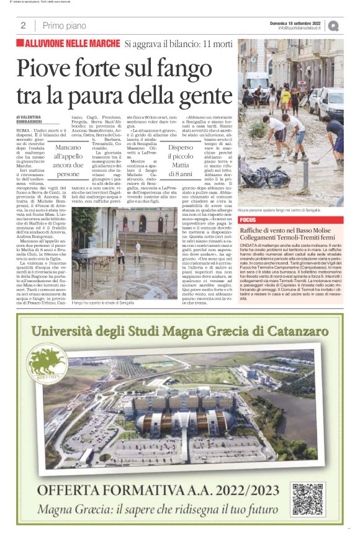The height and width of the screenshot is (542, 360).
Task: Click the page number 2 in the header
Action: tap(22, 25)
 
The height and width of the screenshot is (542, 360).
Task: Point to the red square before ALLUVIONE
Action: tap(20, 43)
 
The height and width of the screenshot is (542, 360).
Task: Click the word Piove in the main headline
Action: tap(47, 68)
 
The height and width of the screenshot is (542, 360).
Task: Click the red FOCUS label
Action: tap(248, 220)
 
